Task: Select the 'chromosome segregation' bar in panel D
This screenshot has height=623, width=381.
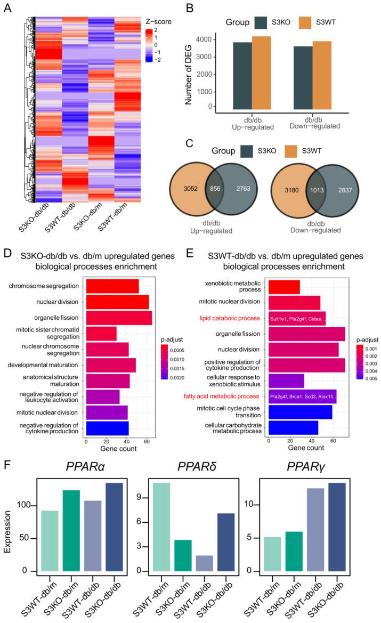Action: click(x=112, y=286)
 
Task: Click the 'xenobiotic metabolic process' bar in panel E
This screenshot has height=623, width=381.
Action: click(x=284, y=287)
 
